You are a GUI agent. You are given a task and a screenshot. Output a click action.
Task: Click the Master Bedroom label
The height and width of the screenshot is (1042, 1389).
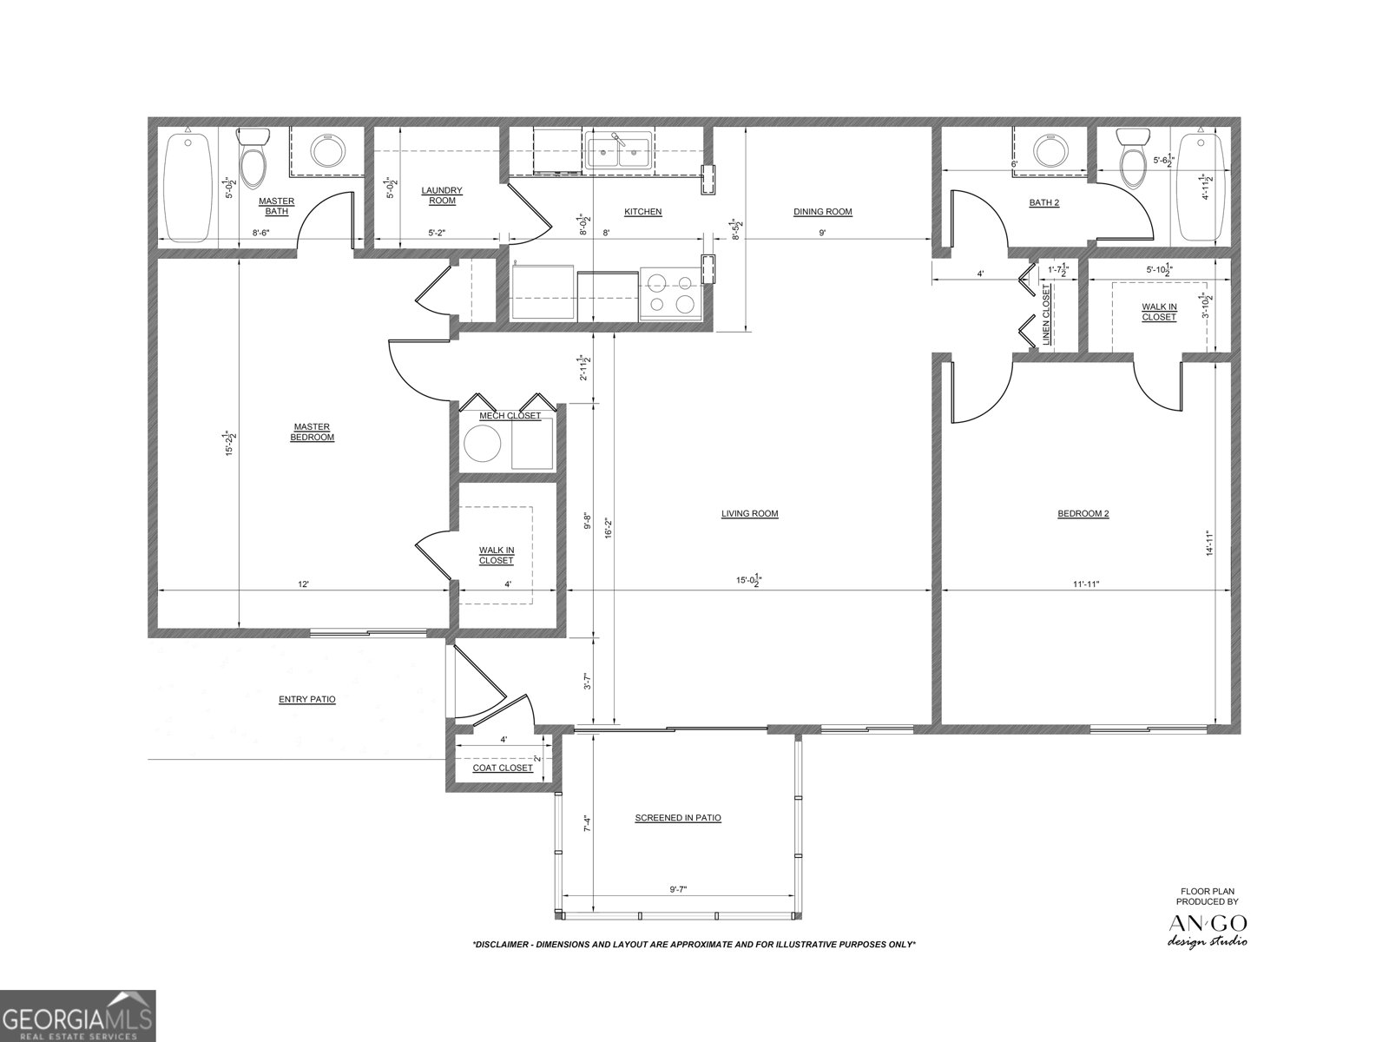[312, 432]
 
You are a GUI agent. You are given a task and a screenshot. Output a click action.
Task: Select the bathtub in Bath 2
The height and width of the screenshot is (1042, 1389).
[1201, 187]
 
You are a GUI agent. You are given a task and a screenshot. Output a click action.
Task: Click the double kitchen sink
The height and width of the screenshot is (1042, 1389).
[619, 154]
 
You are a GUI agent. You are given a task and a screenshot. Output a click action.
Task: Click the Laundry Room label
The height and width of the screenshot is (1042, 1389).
[442, 195]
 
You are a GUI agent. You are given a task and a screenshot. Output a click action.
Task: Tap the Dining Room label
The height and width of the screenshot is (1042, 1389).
[822, 211]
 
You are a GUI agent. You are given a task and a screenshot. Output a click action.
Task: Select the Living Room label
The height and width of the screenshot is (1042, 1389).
[749, 513]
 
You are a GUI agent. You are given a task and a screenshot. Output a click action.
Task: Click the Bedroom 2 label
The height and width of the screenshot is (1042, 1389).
[1083, 513]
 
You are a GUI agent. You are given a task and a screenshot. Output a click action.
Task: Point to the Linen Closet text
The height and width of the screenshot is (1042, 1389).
[1046, 315]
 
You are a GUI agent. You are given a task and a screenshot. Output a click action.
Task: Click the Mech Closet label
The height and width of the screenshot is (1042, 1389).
[510, 416]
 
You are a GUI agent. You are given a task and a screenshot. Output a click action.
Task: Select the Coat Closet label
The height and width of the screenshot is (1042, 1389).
[503, 768]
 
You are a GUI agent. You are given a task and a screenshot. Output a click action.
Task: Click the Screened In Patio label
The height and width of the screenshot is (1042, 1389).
[677, 818]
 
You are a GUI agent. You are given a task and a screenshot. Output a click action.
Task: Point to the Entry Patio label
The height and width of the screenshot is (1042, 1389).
[306, 699]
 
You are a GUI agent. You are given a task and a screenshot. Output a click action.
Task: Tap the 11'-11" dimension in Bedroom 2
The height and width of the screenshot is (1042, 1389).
[1084, 584]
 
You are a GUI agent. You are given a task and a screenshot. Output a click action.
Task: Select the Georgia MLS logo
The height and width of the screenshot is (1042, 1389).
[77, 1016]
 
